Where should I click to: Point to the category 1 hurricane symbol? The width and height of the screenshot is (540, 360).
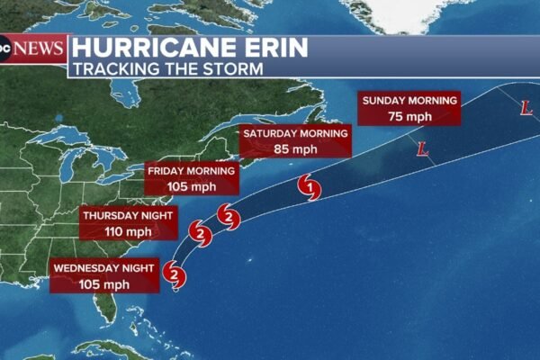310,188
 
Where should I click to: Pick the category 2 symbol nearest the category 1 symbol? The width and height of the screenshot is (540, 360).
229,217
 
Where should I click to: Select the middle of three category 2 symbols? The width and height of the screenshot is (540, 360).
201,236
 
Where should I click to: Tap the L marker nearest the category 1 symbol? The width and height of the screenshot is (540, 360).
422,149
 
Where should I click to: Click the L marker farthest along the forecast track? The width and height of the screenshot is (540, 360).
526,108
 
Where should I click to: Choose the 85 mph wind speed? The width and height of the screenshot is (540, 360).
293,148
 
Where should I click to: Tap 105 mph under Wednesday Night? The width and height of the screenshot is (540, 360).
104,283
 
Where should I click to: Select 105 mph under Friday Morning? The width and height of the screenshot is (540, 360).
192,186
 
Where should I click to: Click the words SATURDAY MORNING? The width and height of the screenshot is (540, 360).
293,134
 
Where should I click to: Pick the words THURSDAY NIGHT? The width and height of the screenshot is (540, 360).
130,216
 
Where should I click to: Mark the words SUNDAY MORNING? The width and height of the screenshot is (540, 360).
409,100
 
